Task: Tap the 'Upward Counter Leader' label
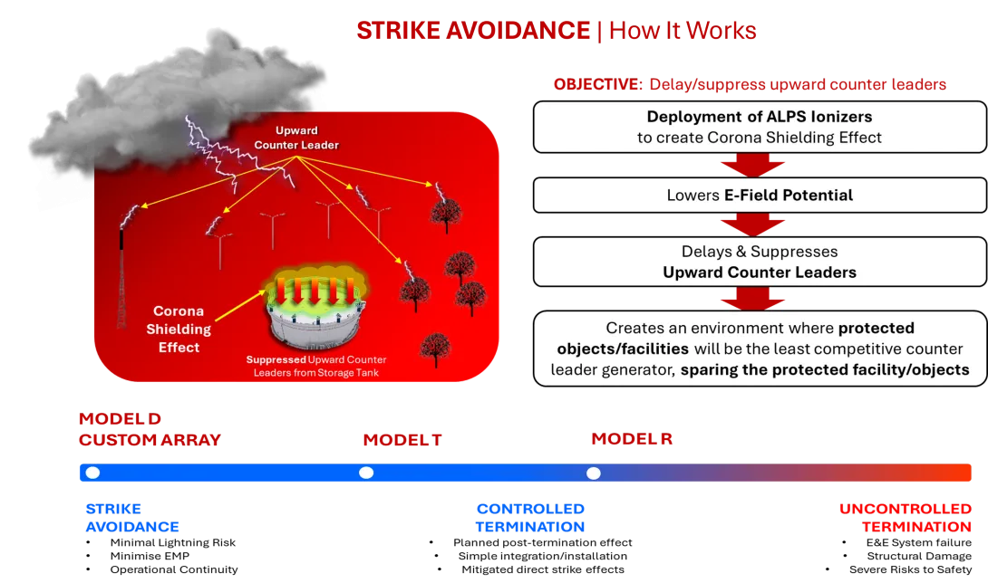[285, 138]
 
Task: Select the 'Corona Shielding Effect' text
[179, 330]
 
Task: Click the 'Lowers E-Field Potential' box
[760, 195]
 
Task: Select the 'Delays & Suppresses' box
[760, 261]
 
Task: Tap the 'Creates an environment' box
[760, 349]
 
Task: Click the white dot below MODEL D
[92, 473]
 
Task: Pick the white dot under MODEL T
[366, 473]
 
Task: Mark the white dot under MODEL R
[593, 473]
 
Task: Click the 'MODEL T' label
[402, 440]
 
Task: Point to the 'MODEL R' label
[631, 440]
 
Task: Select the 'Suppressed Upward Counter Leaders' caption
[316, 365]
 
